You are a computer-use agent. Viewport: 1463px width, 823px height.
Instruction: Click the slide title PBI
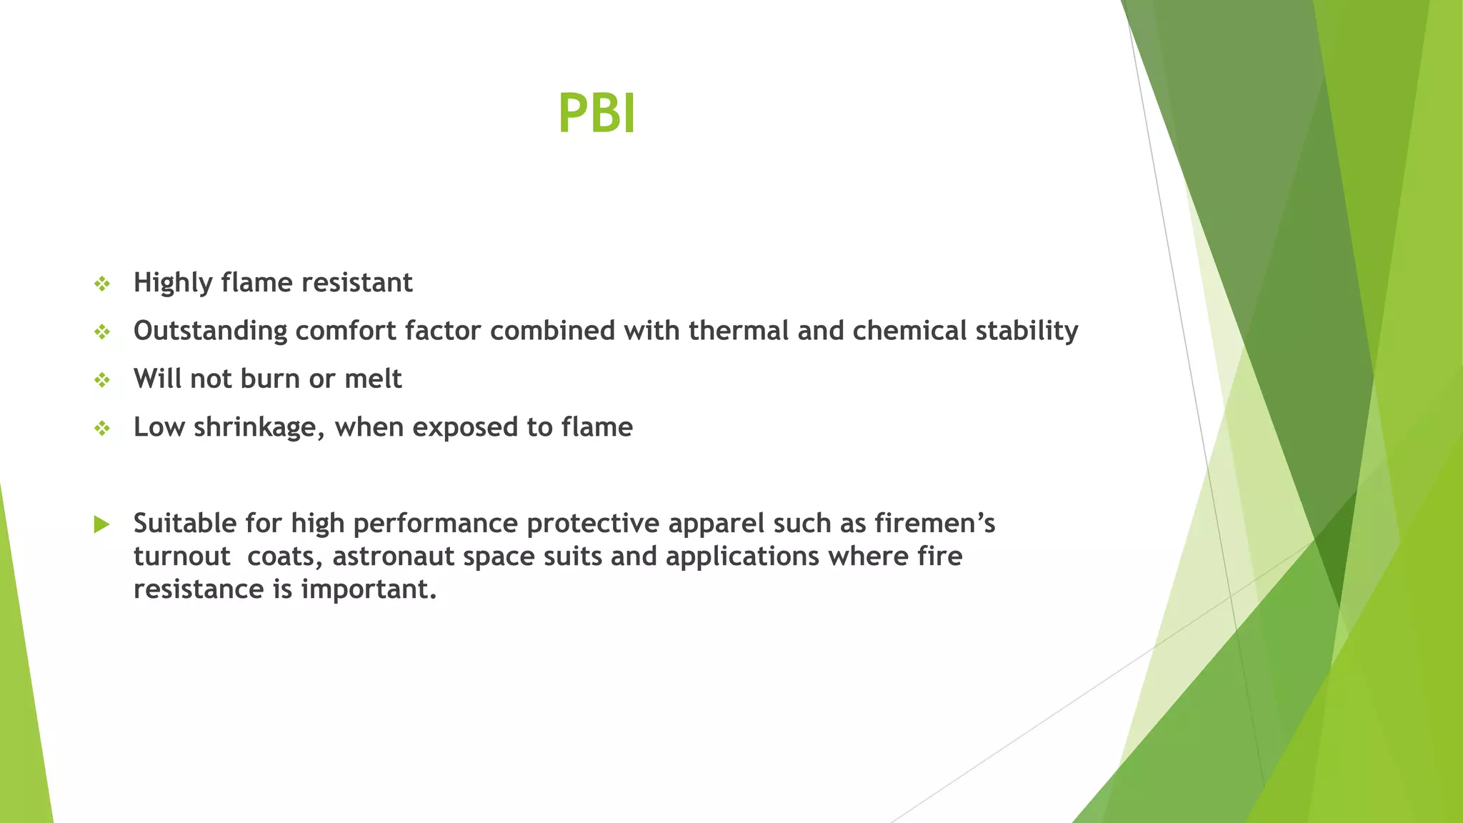tap(596, 114)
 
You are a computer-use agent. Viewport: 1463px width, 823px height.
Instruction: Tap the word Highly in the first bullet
tap(173, 283)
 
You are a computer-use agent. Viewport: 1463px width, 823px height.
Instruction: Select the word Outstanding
tap(210, 331)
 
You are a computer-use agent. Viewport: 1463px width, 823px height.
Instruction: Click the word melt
tap(373, 379)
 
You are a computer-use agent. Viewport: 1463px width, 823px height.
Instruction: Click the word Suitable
tap(185, 524)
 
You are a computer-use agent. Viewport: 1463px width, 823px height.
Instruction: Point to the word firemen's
tap(935, 524)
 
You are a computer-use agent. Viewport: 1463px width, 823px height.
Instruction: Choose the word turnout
tap(181, 557)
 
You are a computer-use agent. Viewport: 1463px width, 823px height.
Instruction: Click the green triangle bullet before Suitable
tap(101, 525)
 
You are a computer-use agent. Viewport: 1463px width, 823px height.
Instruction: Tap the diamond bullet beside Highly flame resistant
tap(102, 284)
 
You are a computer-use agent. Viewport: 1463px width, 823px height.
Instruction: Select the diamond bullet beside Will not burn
tap(102, 380)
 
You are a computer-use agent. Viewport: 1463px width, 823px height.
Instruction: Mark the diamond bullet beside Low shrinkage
tap(102, 429)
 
